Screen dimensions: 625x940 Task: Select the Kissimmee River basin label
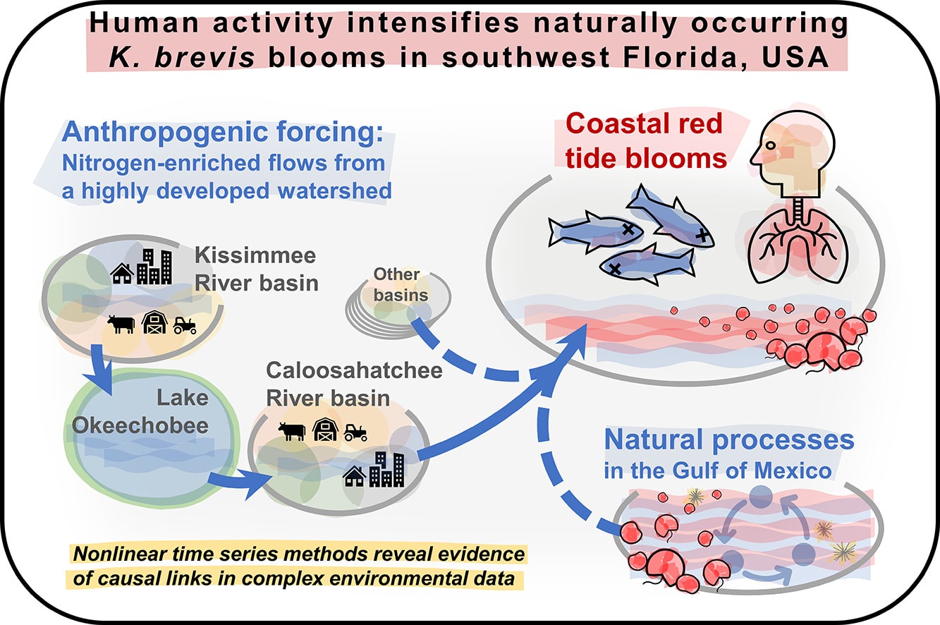pyautogui.click(x=256, y=268)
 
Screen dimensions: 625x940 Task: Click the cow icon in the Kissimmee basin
pyautogui.click(x=121, y=324)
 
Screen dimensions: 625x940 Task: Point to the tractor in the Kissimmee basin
pyautogui.click(x=185, y=324)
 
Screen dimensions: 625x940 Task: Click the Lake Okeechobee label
pyautogui.click(x=141, y=412)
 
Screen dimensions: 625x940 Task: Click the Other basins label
pyautogui.click(x=396, y=284)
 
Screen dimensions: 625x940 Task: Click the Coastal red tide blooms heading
pyautogui.click(x=645, y=141)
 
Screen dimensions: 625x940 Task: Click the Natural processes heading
pyautogui.click(x=728, y=440)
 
